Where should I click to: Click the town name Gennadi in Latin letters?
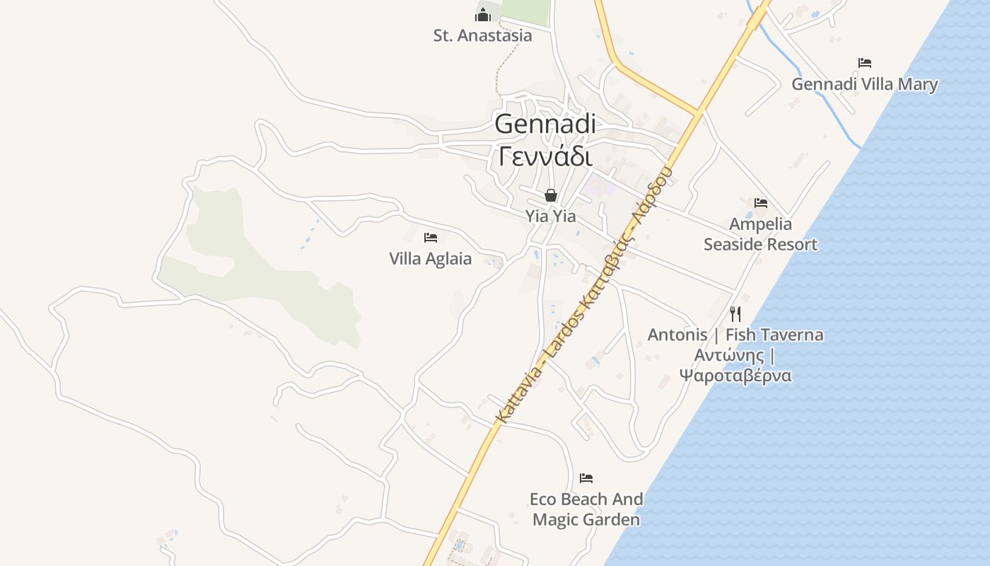[x=544, y=124]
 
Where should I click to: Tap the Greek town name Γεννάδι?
[x=544, y=156]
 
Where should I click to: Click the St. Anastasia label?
[x=482, y=35]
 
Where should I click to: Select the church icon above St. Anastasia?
[x=483, y=13]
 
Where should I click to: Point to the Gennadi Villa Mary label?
[x=864, y=84]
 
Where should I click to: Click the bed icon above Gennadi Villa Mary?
[x=864, y=63]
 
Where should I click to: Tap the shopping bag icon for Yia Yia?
[x=551, y=195]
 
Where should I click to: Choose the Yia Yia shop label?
[x=550, y=216]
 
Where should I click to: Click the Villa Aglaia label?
[x=430, y=258]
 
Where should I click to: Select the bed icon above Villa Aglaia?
[x=431, y=238]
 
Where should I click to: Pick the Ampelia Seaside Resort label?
[x=760, y=234]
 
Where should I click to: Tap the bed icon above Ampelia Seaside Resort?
[x=761, y=203]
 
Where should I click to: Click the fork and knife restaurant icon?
[x=735, y=313]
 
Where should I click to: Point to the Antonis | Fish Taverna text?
[x=735, y=335]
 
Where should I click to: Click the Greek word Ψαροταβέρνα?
[x=735, y=375]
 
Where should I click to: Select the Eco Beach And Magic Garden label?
[x=586, y=509]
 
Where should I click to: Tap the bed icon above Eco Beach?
[x=586, y=478]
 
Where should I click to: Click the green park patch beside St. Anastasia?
[x=525, y=11]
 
